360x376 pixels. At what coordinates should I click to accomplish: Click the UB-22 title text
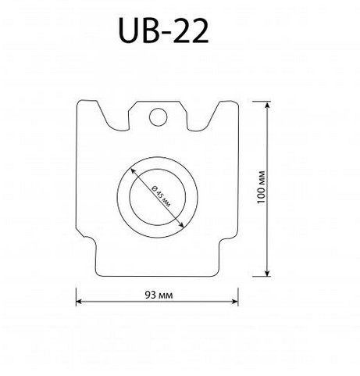click(163, 30)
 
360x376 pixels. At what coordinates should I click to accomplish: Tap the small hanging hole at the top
click(159, 117)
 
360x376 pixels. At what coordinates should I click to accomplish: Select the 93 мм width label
click(159, 295)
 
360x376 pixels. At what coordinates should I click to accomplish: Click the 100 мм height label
click(261, 188)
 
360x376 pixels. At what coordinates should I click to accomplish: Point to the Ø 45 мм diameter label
click(162, 196)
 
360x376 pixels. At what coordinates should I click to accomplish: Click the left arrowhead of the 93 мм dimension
click(79, 302)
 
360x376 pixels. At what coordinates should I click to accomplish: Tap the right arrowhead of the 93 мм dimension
click(235, 302)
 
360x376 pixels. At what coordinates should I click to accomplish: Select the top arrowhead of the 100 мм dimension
click(267, 105)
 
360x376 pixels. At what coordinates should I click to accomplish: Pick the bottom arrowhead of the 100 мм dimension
click(267, 273)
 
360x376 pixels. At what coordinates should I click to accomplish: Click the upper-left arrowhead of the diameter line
click(133, 171)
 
